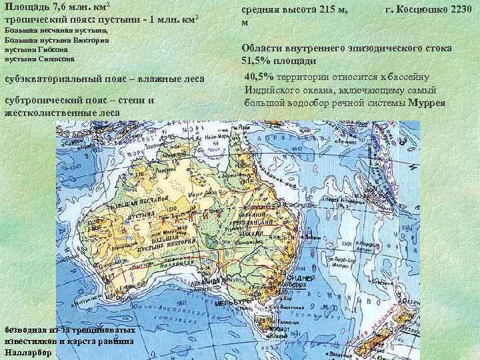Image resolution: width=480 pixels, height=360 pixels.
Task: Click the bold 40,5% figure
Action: tap(259, 75)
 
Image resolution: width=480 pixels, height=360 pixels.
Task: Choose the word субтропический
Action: tap(39, 100)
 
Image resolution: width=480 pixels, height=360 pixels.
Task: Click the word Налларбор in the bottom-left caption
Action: tap(25, 351)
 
